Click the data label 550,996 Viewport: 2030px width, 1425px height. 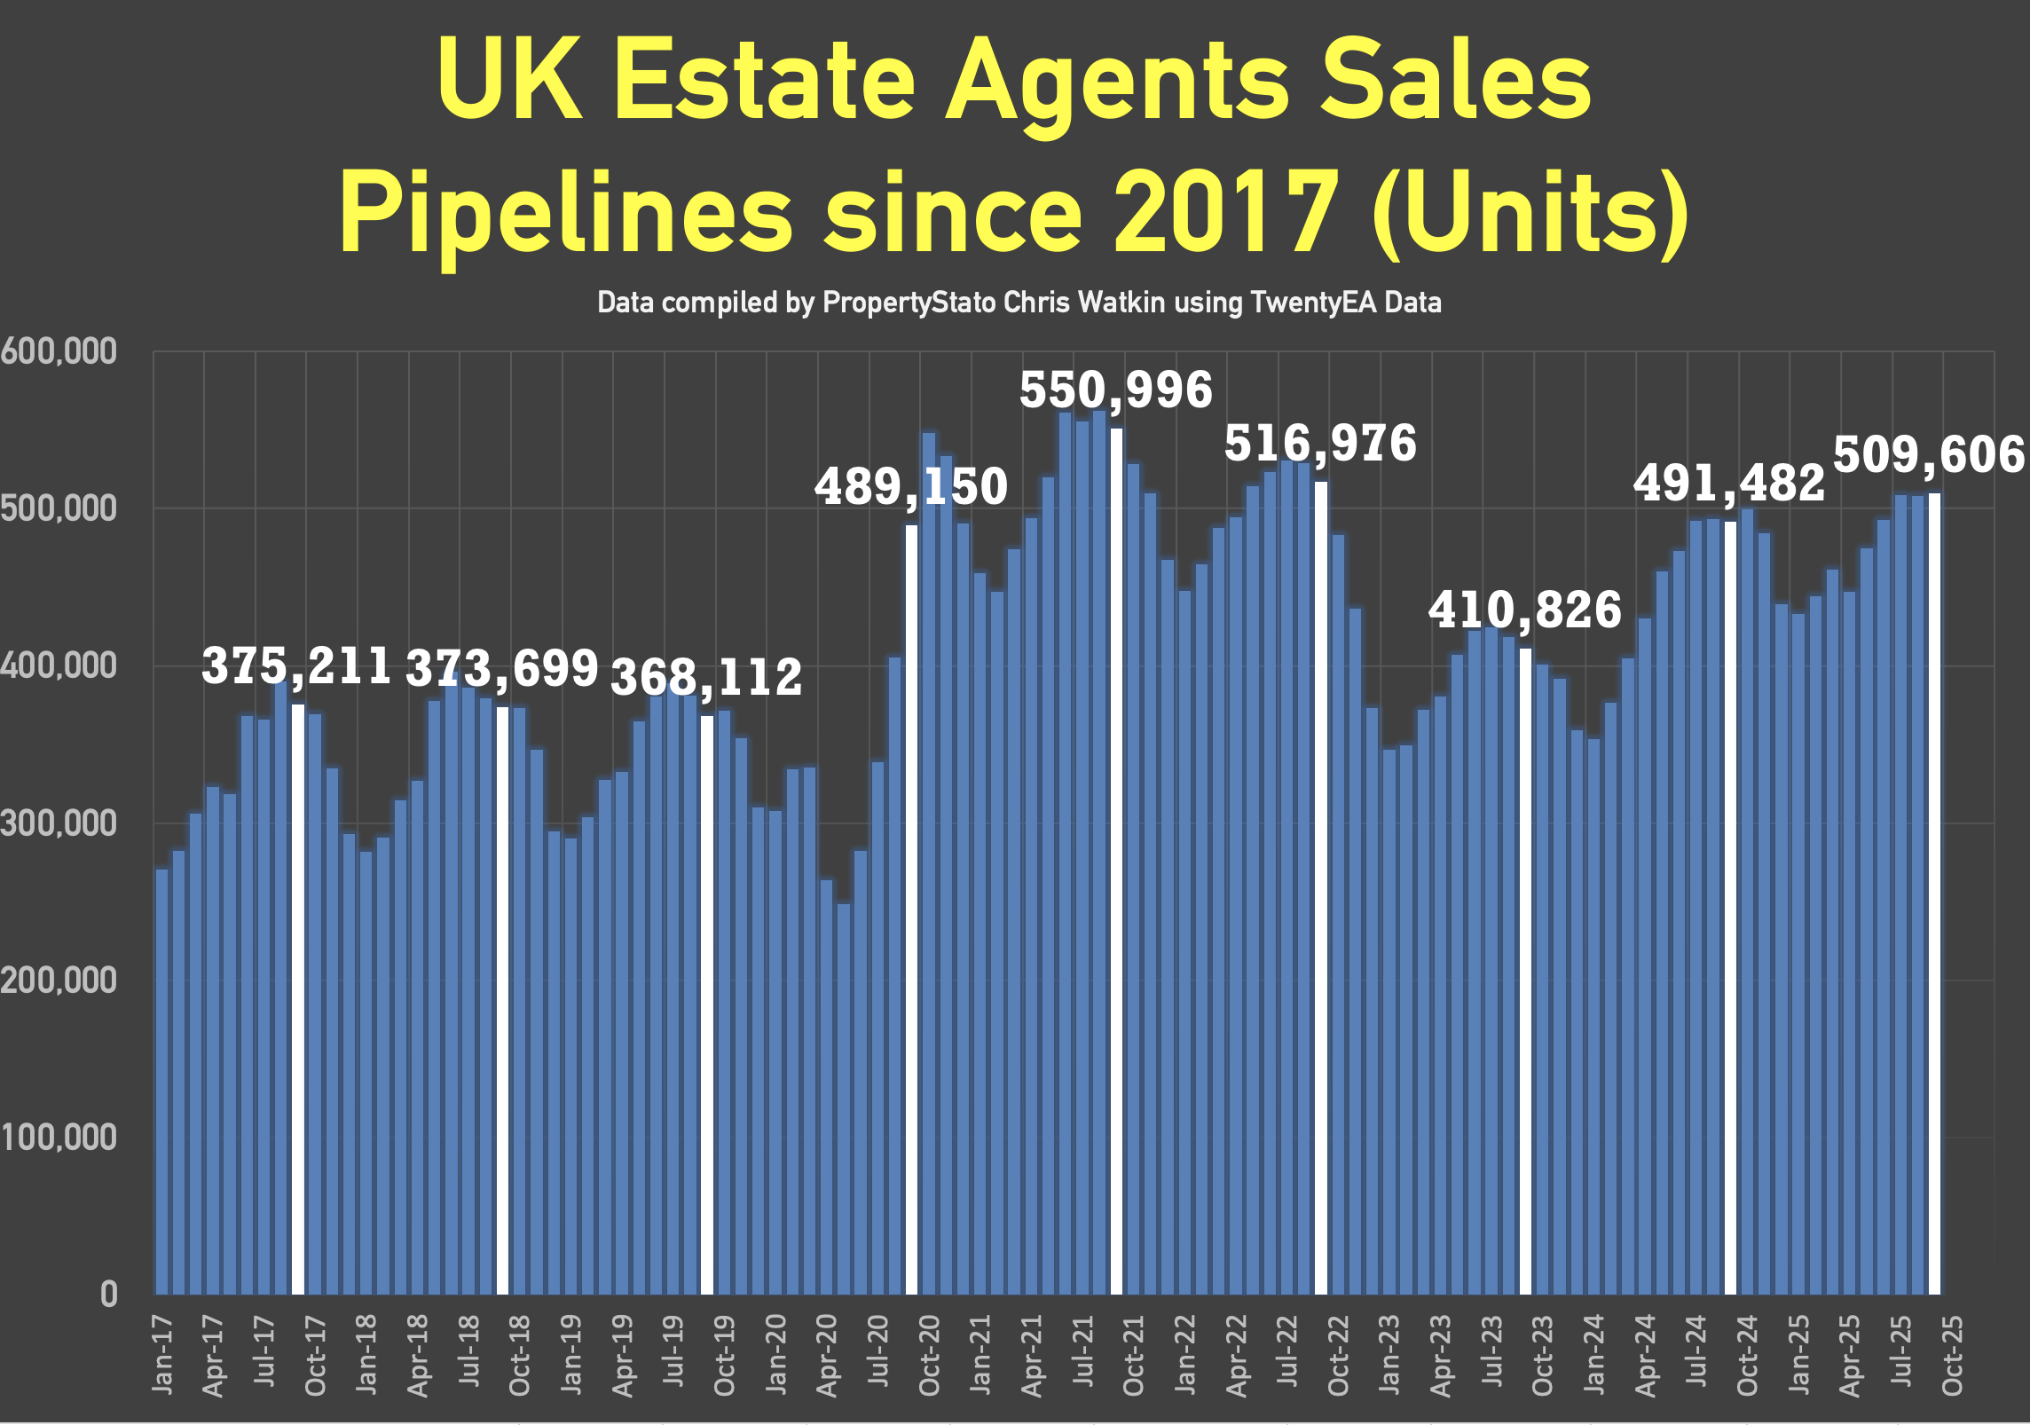[x=1115, y=390]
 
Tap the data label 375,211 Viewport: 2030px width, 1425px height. [x=296, y=665]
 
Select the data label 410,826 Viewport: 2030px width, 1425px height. [x=1524, y=610]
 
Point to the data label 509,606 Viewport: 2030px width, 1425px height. [x=1929, y=456]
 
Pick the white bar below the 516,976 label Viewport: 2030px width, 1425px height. [x=1321, y=887]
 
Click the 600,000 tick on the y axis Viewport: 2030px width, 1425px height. [x=59, y=352]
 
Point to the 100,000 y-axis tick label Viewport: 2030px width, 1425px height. [x=59, y=1138]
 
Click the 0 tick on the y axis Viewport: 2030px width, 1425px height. [x=108, y=1295]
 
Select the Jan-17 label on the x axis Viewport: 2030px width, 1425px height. [x=163, y=1354]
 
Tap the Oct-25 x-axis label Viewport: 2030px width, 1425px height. [x=1952, y=1355]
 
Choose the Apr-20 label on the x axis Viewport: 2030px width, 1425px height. [x=827, y=1355]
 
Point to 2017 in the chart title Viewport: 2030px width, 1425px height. [x=1226, y=213]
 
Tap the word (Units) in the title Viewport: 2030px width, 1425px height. [x=1530, y=213]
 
